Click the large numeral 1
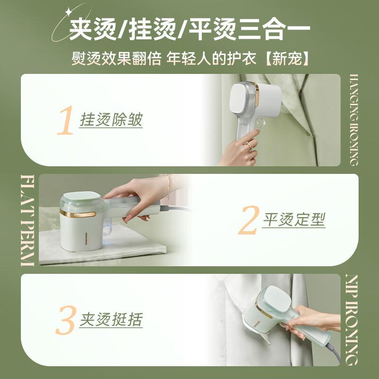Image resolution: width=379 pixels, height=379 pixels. coord(66,120)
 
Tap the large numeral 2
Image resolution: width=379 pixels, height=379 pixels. coord(249,220)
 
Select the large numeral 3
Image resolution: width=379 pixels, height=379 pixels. coord(66,320)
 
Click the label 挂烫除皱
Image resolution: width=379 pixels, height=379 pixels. coord(111,120)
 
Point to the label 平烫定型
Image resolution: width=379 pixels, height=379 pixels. coord(294,220)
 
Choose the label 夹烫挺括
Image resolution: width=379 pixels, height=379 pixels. coord(111,319)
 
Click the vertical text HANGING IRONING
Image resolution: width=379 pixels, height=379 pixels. coord(354,120)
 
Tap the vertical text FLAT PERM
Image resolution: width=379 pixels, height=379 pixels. coord(27,220)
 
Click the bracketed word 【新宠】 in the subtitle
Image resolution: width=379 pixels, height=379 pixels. coord(287,59)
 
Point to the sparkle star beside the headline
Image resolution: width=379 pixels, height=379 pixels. coord(69,11)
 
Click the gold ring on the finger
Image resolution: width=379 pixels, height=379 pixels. coord(249,146)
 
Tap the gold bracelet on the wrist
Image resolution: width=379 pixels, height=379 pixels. coord(168,187)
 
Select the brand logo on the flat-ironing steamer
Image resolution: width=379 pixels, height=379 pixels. coord(86,239)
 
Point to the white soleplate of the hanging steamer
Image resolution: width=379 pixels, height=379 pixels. coord(242,99)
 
